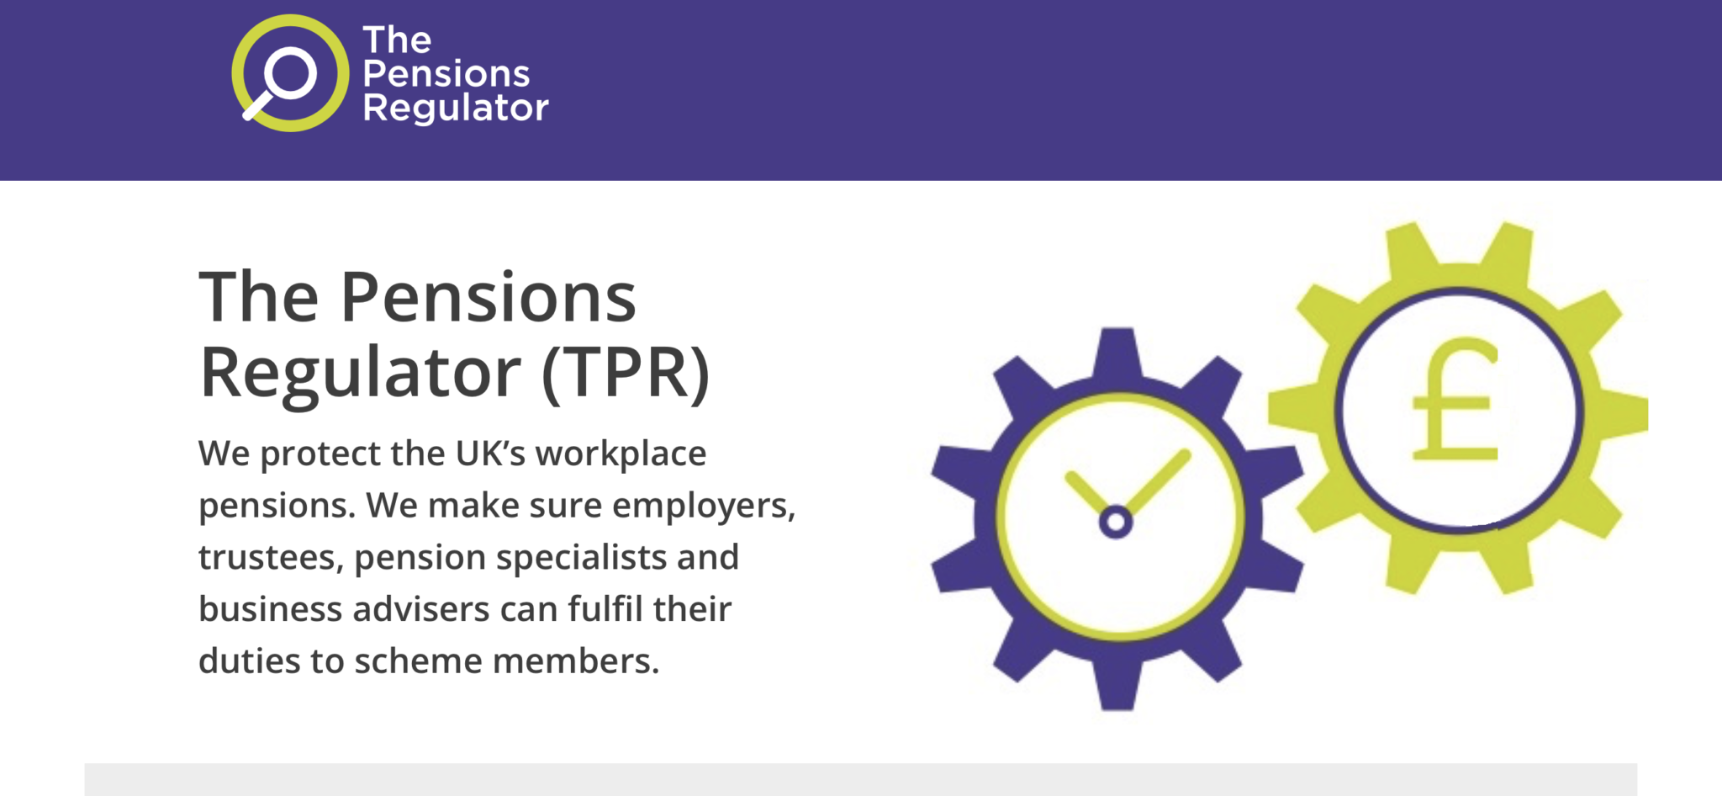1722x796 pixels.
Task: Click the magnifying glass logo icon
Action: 290,73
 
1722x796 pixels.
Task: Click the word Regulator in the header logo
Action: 455,109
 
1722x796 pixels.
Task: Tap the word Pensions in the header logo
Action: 446,74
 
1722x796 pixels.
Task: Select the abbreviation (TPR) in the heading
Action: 626,373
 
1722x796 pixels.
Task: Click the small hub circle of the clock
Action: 1116,522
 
